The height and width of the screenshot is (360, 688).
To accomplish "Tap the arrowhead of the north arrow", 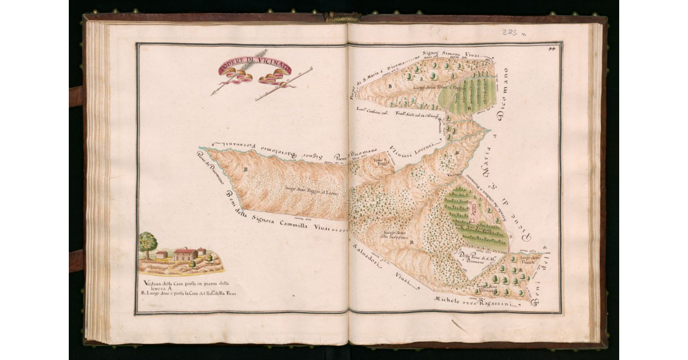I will tap(214, 93).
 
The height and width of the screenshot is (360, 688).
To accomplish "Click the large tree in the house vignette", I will tap(148, 241).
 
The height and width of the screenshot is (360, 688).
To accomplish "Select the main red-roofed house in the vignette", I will tap(185, 254).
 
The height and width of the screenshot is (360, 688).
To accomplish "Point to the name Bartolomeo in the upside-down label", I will tap(268, 150).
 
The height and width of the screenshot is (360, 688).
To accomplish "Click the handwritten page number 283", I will tap(508, 33).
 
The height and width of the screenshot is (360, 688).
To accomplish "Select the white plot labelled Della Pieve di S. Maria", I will tap(472, 260).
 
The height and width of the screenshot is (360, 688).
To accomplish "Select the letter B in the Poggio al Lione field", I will tap(246, 170).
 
